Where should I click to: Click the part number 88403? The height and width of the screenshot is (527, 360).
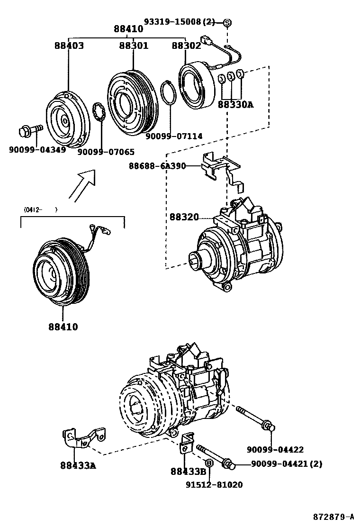click(69, 46)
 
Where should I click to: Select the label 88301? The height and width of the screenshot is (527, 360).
click(134, 46)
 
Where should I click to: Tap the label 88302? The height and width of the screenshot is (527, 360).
click(186, 46)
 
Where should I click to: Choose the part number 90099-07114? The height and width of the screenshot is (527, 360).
click(174, 136)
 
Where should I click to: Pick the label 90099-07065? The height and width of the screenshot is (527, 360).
click(106, 152)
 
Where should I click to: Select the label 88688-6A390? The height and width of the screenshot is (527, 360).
click(157, 166)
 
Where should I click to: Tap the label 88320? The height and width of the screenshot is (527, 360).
click(184, 218)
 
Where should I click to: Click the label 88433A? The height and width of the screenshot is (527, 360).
click(78, 465)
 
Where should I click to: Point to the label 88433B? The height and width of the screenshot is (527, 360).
click(189, 471)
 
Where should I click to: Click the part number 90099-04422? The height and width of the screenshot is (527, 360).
click(275, 449)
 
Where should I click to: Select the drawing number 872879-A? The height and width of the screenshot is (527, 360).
click(333, 516)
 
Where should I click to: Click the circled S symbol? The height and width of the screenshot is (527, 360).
click(227, 22)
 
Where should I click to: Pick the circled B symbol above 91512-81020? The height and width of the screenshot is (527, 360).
click(208, 463)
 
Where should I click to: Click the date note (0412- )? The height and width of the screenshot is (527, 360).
click(40, 209)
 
